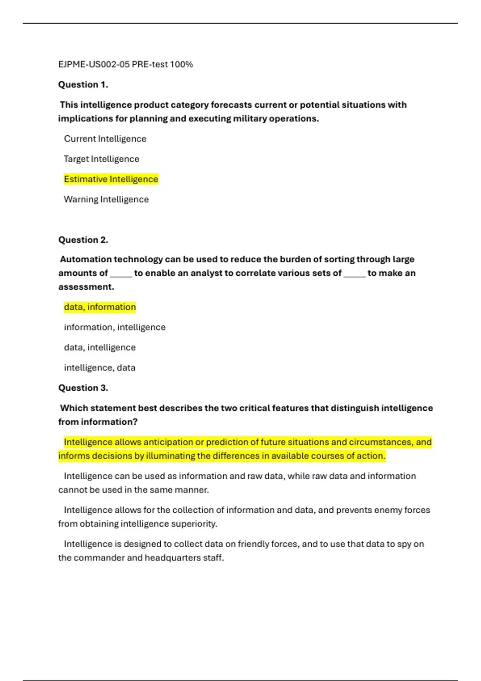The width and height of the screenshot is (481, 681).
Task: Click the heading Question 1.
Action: coord(83,85)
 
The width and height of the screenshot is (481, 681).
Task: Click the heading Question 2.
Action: coord(83,240)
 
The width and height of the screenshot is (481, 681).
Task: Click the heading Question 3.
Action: coord(83,388)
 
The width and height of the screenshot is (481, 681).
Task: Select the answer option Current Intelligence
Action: coord(105,139)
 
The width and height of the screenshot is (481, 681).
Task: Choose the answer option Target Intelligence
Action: coord(101,159)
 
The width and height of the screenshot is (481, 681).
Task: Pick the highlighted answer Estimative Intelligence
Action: coord(111,179)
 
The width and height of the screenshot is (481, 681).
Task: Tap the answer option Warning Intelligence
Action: coord(106,199)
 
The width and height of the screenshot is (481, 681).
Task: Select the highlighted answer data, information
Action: coord(100,307)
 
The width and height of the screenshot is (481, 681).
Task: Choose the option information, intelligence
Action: coord(115,327)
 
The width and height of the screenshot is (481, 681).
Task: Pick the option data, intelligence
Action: coord(100,347)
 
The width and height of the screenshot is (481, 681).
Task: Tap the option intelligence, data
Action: coord(99,368)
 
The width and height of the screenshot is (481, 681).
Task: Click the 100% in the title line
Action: coord(181,64)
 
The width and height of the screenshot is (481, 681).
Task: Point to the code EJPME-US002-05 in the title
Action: coord(94,64)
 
